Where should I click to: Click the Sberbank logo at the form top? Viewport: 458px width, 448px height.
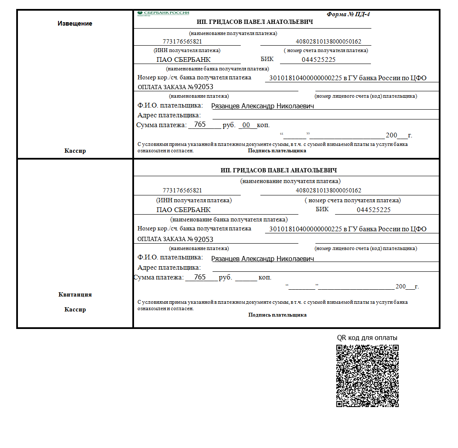pos(163,13)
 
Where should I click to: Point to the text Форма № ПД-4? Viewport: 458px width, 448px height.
pos(348,14)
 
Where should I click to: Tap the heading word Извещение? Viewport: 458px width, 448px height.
pos(75,23)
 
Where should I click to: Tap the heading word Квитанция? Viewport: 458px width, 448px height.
pos(75,294)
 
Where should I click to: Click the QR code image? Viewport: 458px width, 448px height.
pos(368,376)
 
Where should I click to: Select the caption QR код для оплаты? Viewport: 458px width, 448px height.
pos(367,337)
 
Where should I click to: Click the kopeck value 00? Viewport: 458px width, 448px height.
pos(246,125)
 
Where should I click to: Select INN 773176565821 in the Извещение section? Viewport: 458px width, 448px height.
pos(182,42)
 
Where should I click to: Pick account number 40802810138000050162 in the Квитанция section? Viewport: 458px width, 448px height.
pos(328,190)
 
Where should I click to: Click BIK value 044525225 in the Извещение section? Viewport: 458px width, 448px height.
pos(318,60)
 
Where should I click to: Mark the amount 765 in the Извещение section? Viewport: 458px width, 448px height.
pos(200,125)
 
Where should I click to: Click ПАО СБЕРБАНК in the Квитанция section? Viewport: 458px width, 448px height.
pos(184,210)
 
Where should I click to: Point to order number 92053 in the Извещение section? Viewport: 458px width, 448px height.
pos(204,87)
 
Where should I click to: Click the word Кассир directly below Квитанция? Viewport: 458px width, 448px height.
pos(75,309)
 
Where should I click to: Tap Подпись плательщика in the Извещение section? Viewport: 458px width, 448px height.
pos(277,151)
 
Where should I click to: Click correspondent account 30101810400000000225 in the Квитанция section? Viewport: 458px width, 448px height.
pos(305,229)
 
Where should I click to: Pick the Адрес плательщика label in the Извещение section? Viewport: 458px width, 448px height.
pos(169,115)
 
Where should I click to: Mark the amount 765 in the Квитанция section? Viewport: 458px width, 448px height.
pos(200,277)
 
